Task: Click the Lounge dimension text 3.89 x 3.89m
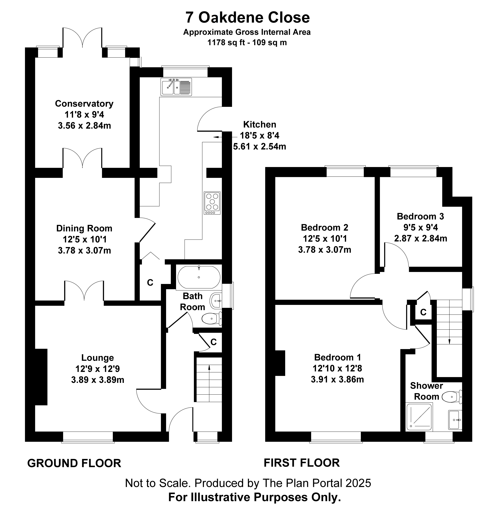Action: tap(98, 380)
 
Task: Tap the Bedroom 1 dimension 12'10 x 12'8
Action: tap(337, 368)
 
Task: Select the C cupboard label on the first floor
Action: tap(423, 312)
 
